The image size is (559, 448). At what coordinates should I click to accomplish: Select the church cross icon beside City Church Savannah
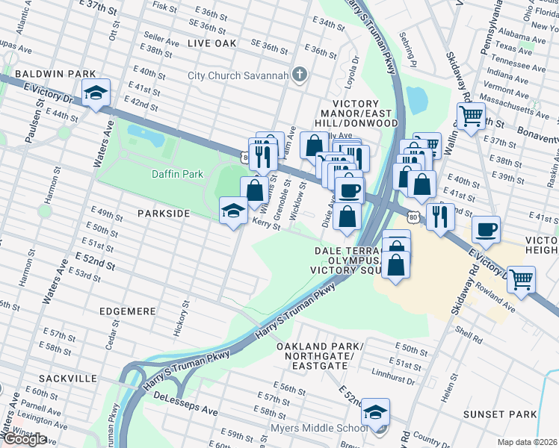coord(300,74)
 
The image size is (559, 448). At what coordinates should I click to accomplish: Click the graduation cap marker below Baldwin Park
coord(96,93)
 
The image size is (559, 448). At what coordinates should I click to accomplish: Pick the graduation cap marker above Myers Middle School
coord(377,411)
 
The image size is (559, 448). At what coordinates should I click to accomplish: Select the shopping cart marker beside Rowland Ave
coord(521,279)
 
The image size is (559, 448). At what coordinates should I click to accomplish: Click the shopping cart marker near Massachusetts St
coord(471,116)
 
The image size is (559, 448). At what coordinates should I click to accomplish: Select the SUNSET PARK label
coord(499,414)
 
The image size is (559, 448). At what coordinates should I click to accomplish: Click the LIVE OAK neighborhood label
coord(211,44)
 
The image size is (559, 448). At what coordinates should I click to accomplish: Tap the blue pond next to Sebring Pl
coord(416,99)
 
